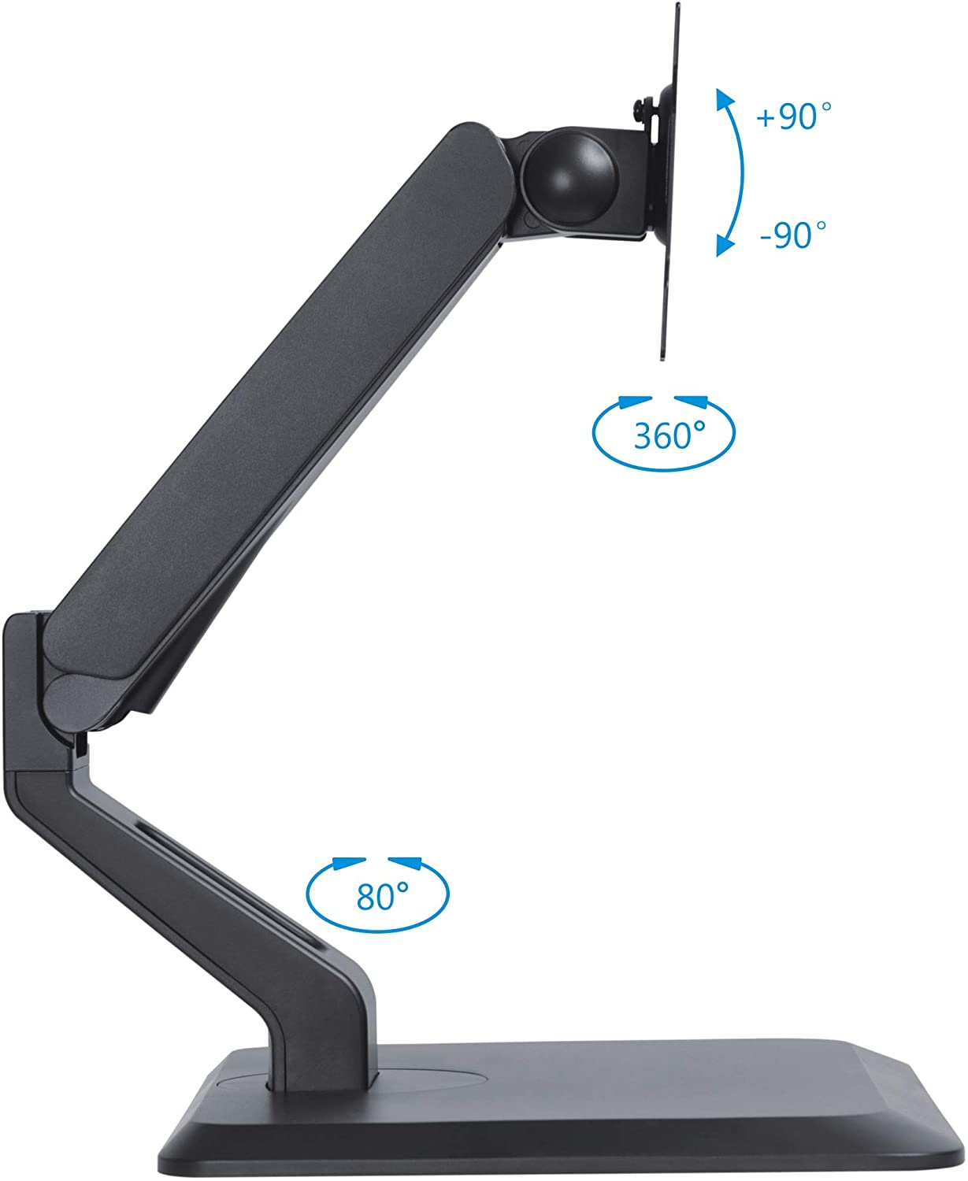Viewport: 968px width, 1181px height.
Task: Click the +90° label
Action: [x=792, y=117]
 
